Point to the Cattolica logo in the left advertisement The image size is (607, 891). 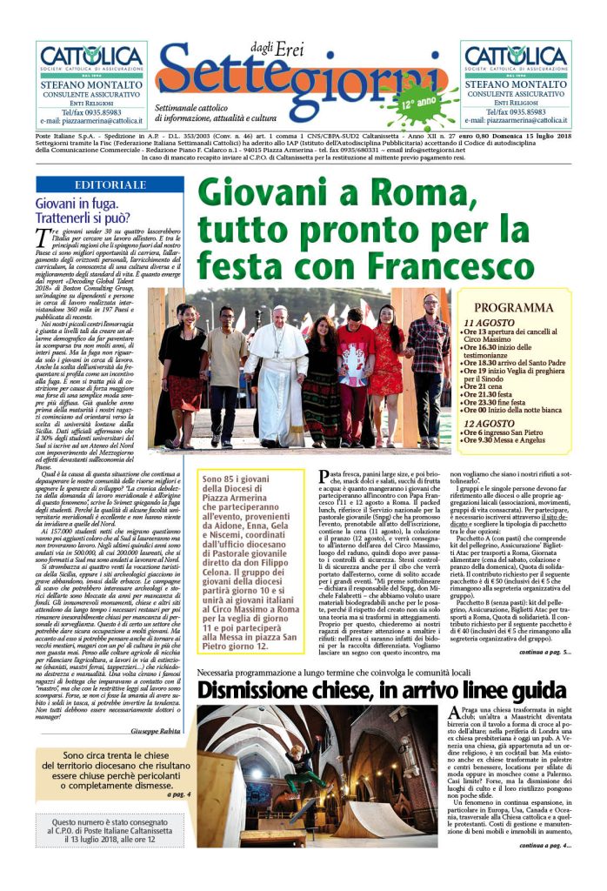point(91,59)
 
